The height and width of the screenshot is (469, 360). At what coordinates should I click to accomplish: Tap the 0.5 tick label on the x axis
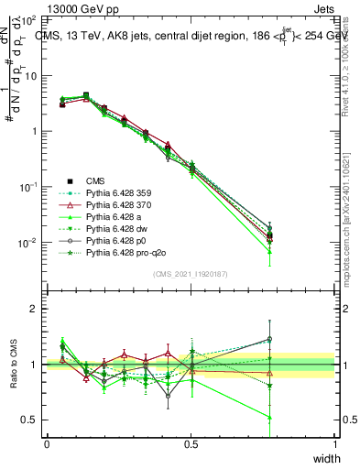point(191,444)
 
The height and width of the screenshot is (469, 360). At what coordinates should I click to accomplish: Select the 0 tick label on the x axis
point(47,444)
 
